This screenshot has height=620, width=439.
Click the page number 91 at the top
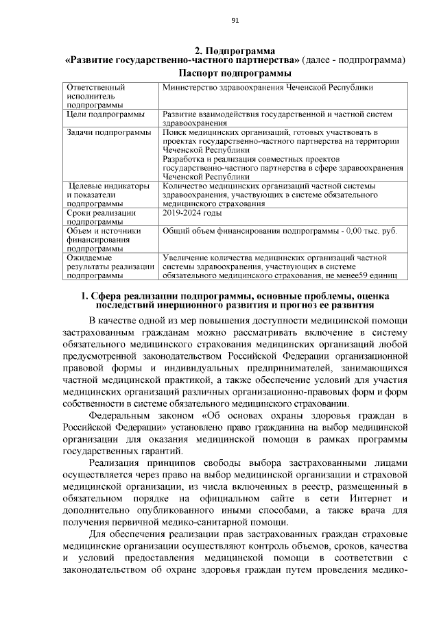point(235,20)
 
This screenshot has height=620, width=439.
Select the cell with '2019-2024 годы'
point(192,213)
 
